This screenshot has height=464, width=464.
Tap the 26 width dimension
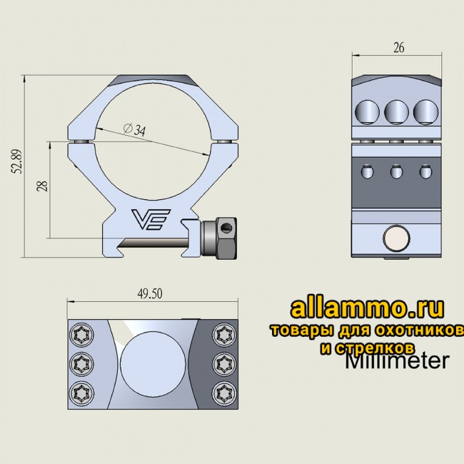coord(398,49)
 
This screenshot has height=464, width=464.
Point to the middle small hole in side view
coord(395,171)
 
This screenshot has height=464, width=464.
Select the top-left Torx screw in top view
coord(79,334)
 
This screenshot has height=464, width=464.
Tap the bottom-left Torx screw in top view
coord(79,390)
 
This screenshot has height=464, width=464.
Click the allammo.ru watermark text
coord(368,308)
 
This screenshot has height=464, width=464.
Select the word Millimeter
coord(396,361)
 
